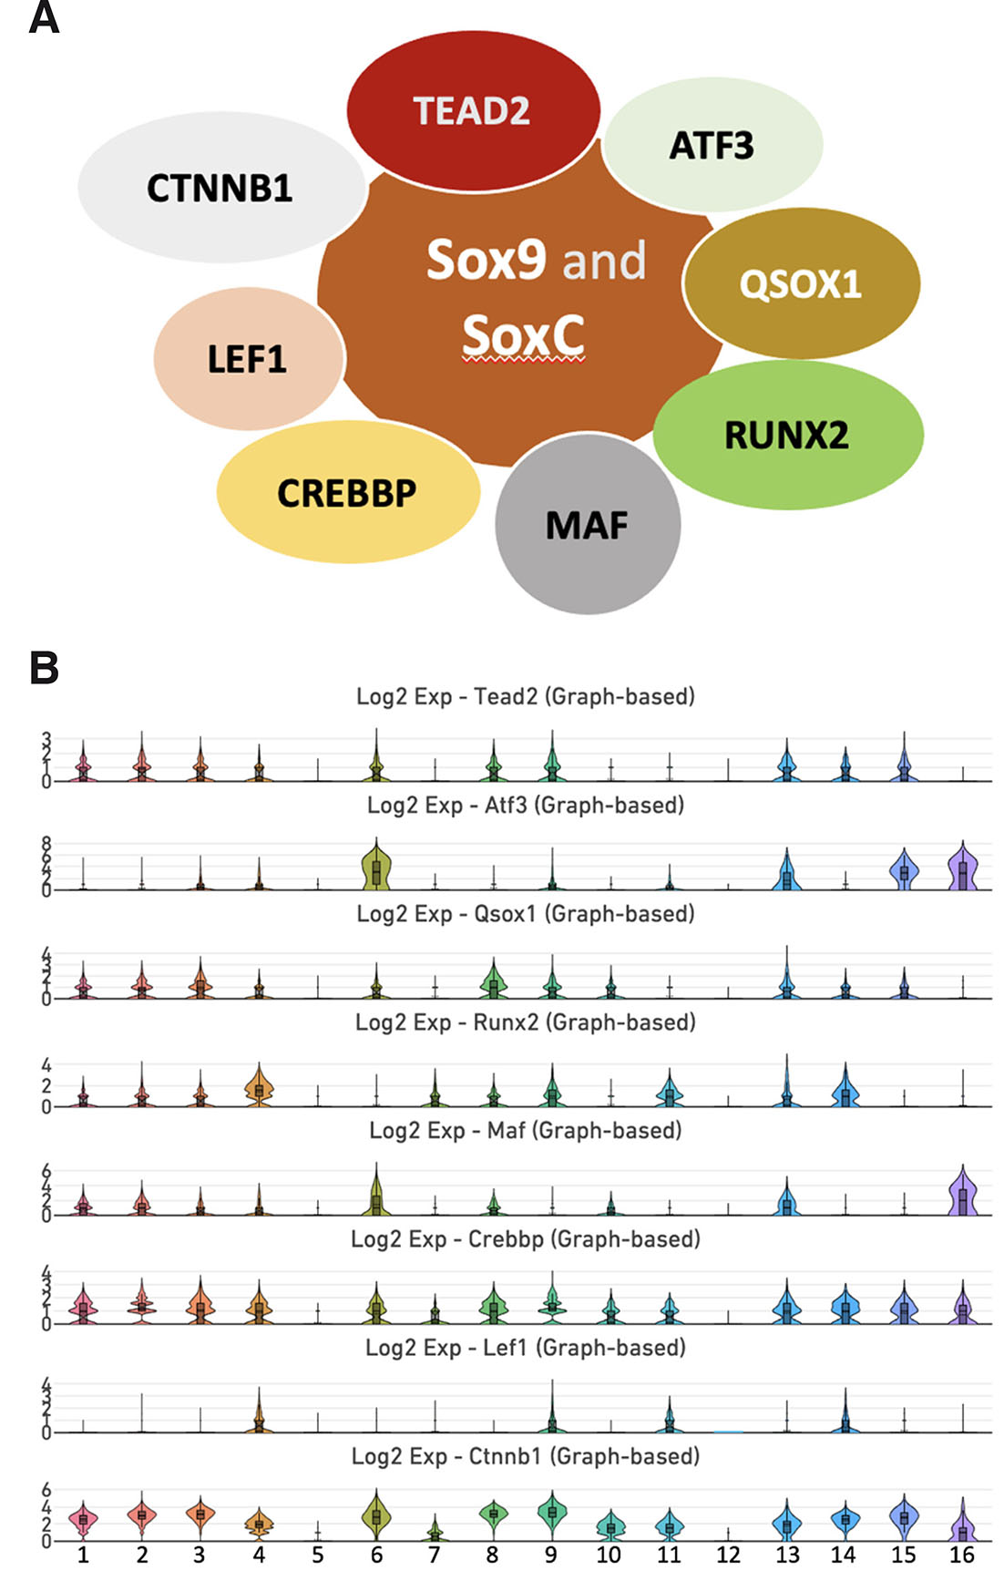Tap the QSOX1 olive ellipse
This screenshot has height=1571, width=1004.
click(x=801, y=283)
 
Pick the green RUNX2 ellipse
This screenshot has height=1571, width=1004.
click(x=787, y=435)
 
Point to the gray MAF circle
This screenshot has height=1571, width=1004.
click(x=588, y=525)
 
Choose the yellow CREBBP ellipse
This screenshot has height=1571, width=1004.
click(x=347, y=493)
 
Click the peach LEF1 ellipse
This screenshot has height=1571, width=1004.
click(x=248, y=359)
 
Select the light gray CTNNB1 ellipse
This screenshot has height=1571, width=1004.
click(x=220, y=189)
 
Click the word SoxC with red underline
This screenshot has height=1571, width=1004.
click(x=523, y=336)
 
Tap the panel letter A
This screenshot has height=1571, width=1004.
click(x=44, y=18)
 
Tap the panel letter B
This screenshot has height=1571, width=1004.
click(x=44, y=667)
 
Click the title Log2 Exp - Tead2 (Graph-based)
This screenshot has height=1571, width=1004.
click(x=526, y=697)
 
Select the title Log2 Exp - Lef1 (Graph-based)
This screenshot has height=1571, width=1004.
click(x=526, y=1348)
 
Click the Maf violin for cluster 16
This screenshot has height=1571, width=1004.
click(x=962, y=1194)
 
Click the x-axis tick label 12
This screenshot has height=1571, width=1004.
click(x=728, y=1555)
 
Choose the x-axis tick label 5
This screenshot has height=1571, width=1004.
click(x=318, y=1555)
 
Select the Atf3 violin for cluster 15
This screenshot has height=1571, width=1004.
click(x=904, y=871)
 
